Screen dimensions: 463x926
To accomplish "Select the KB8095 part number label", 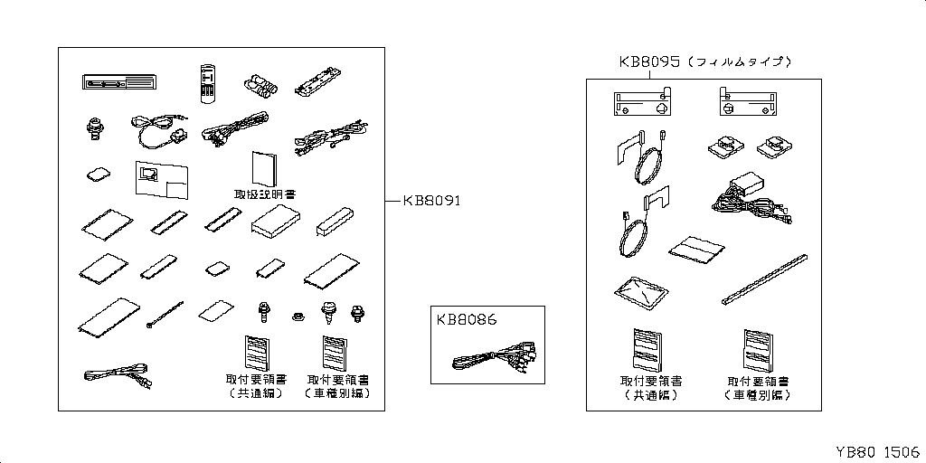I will coord(649,62).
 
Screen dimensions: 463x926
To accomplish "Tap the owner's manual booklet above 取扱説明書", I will coord(264,167).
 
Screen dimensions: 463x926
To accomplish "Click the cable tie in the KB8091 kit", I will coord(163,316).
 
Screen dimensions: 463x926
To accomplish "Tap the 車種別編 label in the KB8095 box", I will coord(757,395).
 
